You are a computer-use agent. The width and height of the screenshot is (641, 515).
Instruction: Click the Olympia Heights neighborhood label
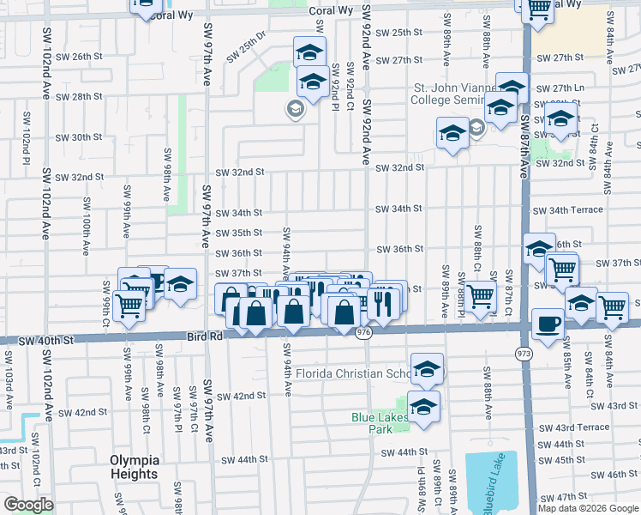click(134, 467)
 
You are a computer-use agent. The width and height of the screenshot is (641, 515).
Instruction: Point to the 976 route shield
click(364, 333)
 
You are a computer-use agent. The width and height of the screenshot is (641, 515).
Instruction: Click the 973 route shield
click(523, 353)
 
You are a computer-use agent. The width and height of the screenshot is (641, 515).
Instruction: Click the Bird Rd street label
click(204, 337)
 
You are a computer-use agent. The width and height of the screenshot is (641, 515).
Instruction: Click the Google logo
click(28, 505)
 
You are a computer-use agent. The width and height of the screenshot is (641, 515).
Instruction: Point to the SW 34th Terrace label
click(567, 210)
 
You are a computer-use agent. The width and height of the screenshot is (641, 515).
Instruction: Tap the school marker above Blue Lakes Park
click(427, 369)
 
